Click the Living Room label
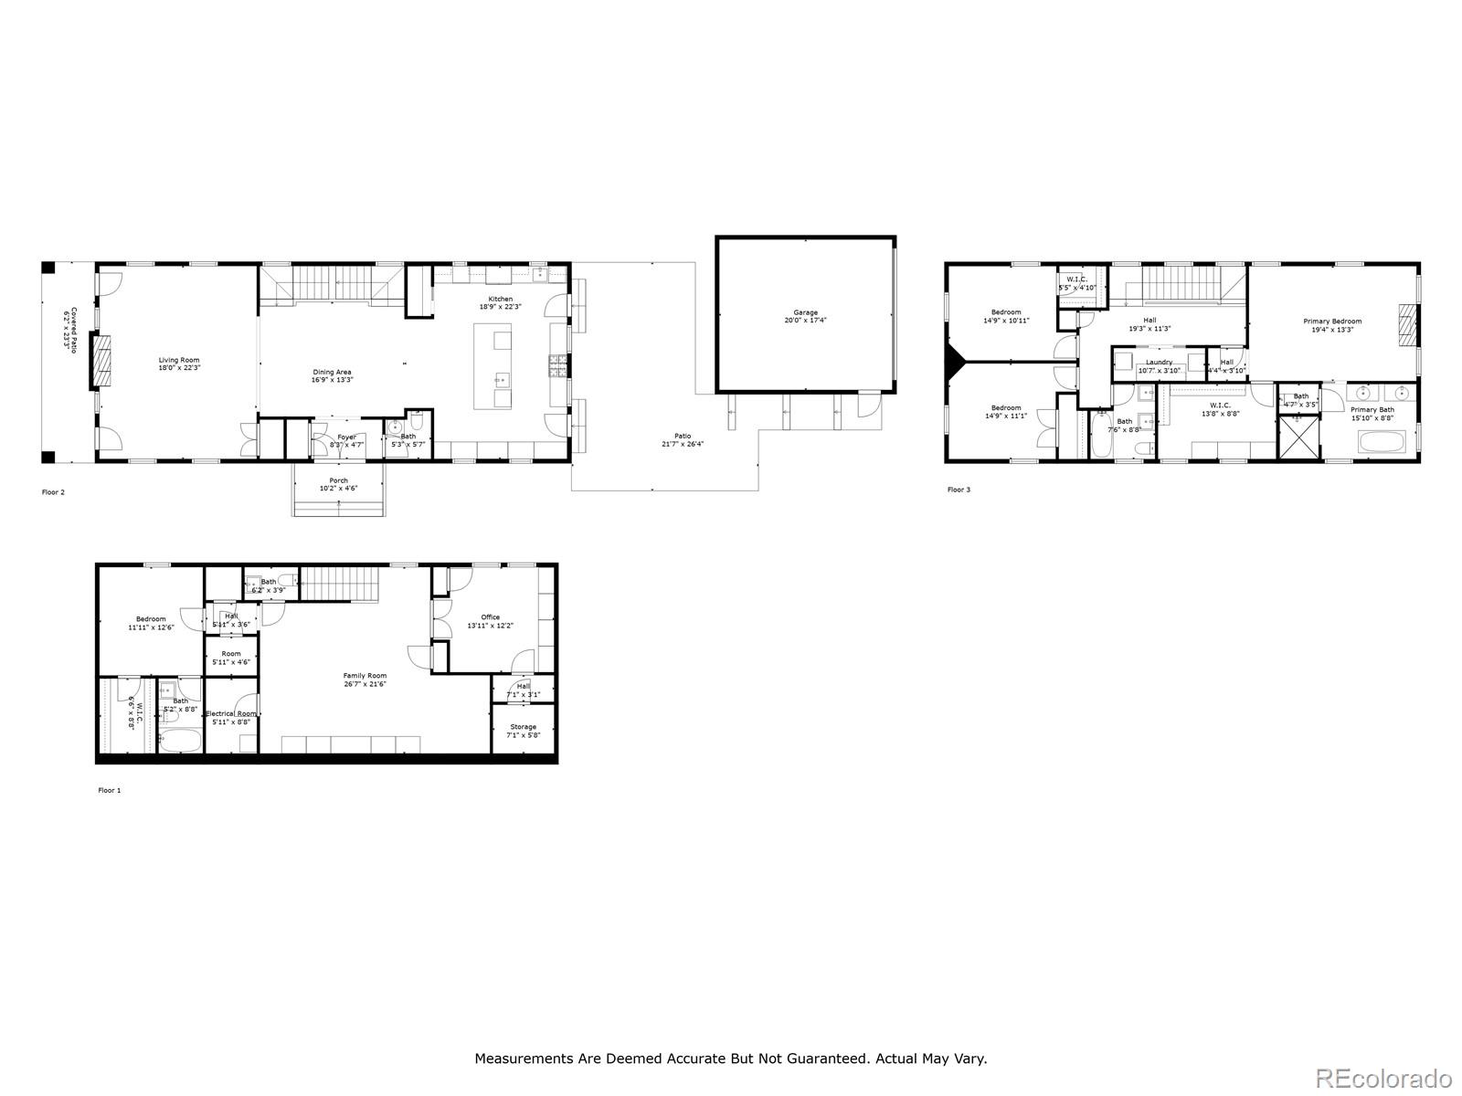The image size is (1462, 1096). pos(179,360)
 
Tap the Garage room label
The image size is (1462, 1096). pos(805,312)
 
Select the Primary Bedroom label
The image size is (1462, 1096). pos(1332,321)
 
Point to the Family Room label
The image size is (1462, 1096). pos(365,676)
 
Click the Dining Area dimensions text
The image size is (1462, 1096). pos(332,380)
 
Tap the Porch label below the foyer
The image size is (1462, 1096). pos(338,480)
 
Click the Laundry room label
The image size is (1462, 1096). pos(1159,363)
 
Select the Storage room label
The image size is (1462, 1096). pos(524,727)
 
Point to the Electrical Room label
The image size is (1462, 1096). pos(231,713)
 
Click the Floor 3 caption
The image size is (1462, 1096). pos(959,490)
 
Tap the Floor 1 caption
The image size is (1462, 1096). pos(109,790)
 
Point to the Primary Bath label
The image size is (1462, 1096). pos(1372,410)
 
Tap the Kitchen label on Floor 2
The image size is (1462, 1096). pos(500,299)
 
